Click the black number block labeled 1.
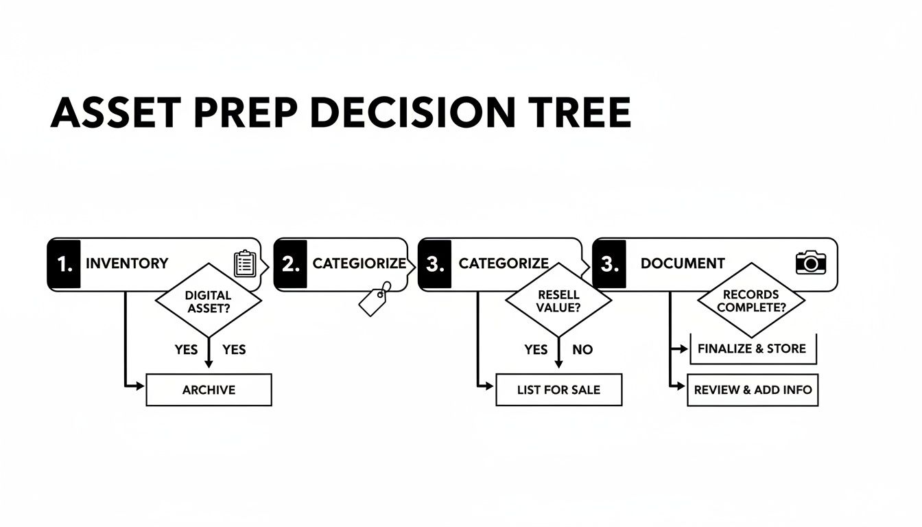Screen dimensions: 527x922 click(x=64, y=264)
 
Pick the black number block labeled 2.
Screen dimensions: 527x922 click(x=290, y=264)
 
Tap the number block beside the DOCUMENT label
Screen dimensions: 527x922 click(x=609, y=264)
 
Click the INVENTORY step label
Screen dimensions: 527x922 click(x=127, y=263)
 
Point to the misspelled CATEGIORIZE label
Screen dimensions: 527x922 click(x=359, y=263)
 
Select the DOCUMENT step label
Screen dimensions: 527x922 click(x=683, y=263)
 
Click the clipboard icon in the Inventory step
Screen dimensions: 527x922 click(x=245, y=263)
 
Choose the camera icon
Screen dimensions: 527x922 click(x=811, y=262)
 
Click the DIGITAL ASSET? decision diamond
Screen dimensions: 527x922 click(x=209, y=301)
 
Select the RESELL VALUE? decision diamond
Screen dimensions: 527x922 click(x=558, y=301)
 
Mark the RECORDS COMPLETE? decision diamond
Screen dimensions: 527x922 click(x=751, y=301)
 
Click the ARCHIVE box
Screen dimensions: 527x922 click(x=209, y=390)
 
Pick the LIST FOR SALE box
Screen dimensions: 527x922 click(x=558, y=390)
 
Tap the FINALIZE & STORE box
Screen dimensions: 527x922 click(x=752, y=349)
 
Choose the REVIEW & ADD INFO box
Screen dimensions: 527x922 click(x=753, y=390)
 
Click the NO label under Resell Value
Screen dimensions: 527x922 click(x=582, y=350)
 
